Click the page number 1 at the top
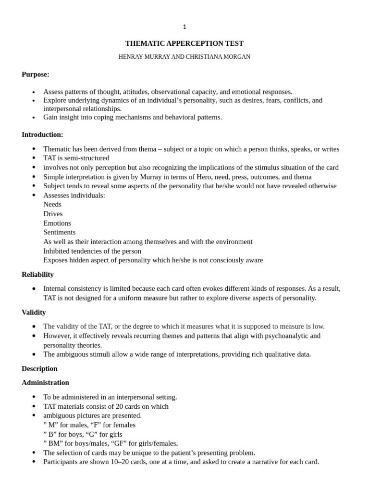(184, 27)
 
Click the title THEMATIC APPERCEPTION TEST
(184, 43)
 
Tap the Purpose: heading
(36, 74)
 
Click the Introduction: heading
(42, 134)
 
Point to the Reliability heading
(37, 274)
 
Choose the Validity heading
(34, 312)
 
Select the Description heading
(39, 368)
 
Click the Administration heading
(45, 382)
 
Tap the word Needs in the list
(52, 205)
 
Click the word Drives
(53, 214)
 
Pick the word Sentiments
(59, 232)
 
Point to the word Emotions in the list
(57, 223)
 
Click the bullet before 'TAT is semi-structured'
(34, 158)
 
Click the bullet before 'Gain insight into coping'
(34, 118)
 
